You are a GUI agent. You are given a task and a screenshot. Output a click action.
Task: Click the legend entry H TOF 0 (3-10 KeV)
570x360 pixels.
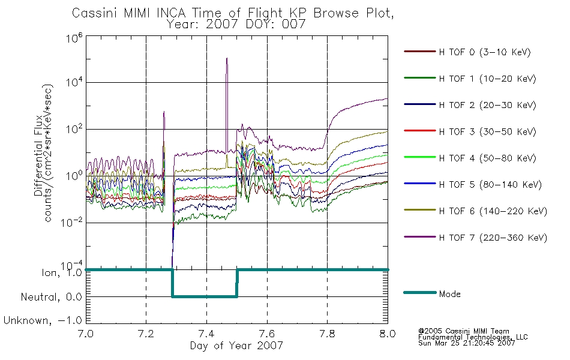467,52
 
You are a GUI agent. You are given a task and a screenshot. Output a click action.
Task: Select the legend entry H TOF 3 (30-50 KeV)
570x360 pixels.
470,131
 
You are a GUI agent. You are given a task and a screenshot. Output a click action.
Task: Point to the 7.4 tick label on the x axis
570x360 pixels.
206,334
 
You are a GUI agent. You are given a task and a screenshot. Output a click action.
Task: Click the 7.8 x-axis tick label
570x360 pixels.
327,334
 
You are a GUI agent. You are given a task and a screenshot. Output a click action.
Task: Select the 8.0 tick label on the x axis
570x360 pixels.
388,334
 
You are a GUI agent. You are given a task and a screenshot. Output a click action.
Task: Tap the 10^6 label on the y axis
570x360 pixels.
74,38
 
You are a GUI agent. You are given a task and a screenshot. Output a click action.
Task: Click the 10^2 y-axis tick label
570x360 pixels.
74,130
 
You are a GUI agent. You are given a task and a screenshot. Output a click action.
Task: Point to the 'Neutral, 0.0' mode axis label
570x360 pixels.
52,297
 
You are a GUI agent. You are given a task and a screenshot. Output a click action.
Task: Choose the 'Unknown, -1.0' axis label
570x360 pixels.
43,320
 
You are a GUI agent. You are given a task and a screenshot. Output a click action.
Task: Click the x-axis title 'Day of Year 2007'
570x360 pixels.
236,346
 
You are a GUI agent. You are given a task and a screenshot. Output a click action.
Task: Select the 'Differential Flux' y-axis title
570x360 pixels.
38,155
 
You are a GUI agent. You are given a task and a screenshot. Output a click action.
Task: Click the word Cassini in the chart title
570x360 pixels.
95,13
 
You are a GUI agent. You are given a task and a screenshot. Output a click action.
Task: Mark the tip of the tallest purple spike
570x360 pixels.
227,58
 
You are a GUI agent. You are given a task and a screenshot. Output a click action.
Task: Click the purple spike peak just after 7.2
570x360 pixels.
164,112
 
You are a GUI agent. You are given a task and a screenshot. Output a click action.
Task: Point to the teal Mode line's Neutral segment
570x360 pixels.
205,297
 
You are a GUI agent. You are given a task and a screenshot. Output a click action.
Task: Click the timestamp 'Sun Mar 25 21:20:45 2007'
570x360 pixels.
466,343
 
